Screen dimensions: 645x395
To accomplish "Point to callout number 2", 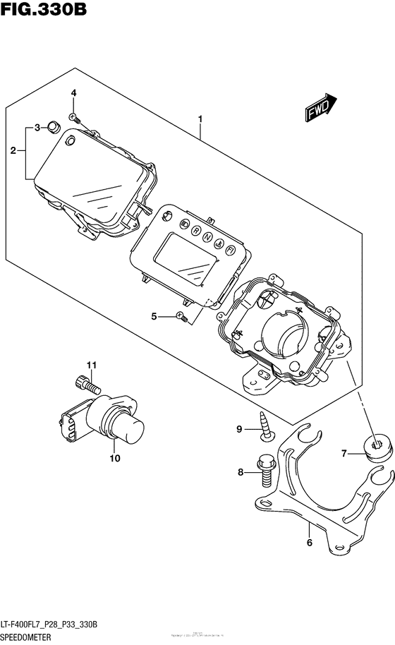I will [x=13, y=150].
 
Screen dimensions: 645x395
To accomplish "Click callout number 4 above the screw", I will [x=73, y=93].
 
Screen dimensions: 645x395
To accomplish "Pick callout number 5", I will [x=153, y=317].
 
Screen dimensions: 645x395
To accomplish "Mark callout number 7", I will [x=344, y=453].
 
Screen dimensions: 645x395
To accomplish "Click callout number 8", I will [x=240, y=473].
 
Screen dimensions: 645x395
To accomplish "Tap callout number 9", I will [x=239, y=428].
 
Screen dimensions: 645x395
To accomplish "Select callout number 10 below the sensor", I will [x=114, y=458].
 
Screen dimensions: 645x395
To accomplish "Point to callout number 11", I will [x=90, y=364].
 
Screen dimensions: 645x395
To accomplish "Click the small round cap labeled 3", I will [x=51, y=128].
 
